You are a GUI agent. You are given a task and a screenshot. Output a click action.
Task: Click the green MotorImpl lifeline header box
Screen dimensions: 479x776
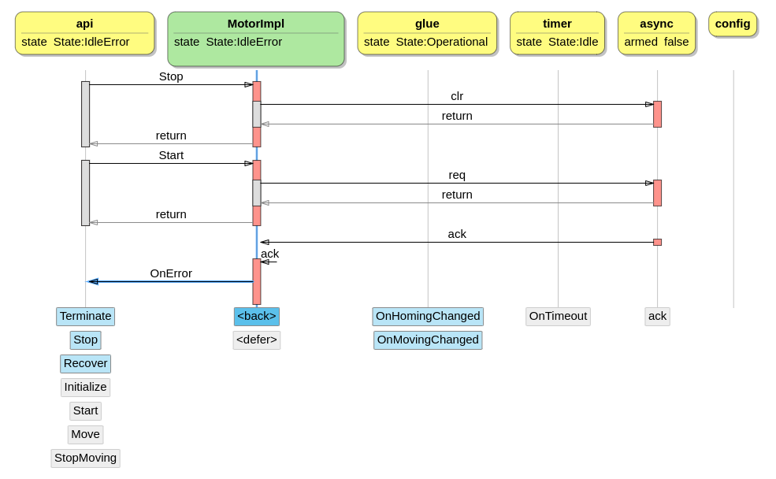pyautogui.click(x=256, y=39)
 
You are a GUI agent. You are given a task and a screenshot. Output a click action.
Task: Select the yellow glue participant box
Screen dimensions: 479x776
pyautogui.click(x=427, y=33)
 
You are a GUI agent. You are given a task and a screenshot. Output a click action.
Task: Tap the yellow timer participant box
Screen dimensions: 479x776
pyautogui.click(x=557, y=33)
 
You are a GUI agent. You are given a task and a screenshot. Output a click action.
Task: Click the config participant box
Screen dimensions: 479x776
pyautogui.click(x=733, y=24)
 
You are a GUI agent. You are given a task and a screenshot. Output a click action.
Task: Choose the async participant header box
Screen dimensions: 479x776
pyautogui.click(x=656, y=33)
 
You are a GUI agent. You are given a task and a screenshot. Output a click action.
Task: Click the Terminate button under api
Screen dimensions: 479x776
pyautogui.click(x=85, y=316)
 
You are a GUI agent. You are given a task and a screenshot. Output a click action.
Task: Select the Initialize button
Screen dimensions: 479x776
pyautogui.click(x=85, y=387)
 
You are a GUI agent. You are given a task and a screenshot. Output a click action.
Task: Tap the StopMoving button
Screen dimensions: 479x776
pyautogui.click(x=85, y=458)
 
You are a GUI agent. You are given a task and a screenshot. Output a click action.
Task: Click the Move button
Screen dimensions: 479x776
pyautogui.click(x=85, y=434)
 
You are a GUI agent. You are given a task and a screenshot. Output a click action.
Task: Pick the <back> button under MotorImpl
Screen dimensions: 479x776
pyautogui.click(x=257, y=316)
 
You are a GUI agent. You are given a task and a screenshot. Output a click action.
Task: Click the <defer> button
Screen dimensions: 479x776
pyautogui.click(x=257, y=340)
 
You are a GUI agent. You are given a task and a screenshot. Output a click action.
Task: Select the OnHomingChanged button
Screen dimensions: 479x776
pyautogui.click(x=428, y=316)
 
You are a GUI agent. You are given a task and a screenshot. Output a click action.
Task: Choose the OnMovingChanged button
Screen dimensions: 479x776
pyautogui.click(x=428, y=340)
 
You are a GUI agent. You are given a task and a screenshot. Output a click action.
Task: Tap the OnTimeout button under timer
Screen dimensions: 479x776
pyautogui.click(x=558, y=316)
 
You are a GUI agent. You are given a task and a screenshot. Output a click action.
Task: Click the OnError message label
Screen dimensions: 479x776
pyautogui.click(x=171, y=273)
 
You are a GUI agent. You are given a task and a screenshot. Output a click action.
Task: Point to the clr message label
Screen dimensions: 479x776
pyautogui.click(x=457, y=96)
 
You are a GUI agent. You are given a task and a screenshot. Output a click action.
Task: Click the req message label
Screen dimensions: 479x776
pyautogui.click(x=457, y=175)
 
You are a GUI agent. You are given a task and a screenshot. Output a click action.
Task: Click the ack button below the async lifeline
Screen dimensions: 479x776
pyautogui.click(x=657, y=316)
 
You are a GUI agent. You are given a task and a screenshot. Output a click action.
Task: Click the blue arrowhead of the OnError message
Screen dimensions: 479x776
pyautogui.click(x=92, y=281)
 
